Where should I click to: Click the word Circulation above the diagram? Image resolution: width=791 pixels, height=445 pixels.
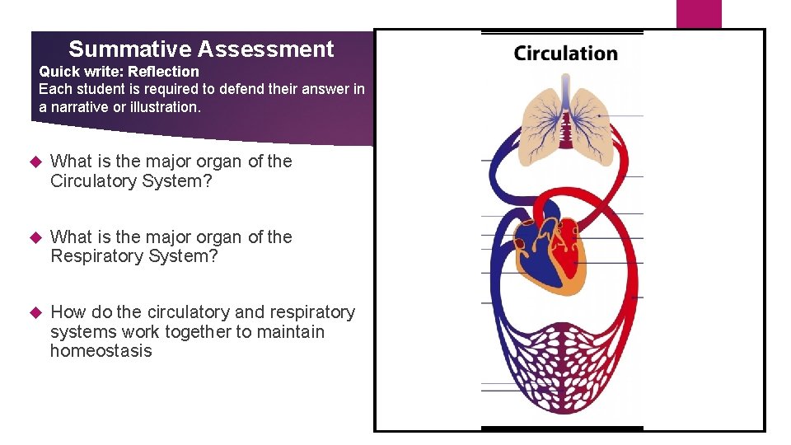tap(565, 54)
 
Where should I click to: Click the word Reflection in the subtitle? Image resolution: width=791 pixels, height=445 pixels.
tap(163, 72)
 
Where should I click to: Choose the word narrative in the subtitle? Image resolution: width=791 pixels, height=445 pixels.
tap(85, 107)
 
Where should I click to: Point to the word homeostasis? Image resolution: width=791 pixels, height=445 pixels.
tap(101, 351)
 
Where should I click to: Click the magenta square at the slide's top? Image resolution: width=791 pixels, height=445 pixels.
tap(699, 13)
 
